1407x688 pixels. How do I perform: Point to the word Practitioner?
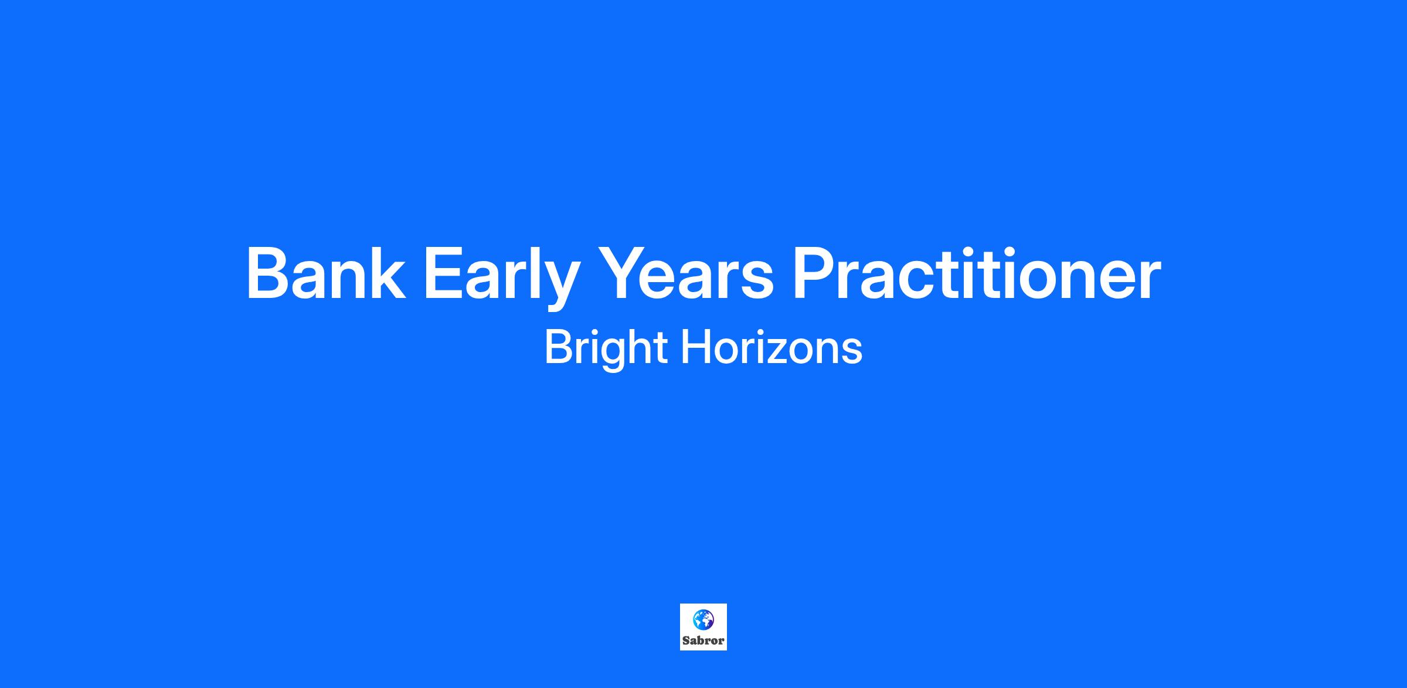[977, 273]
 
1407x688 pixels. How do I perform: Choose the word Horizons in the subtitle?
[772, 348]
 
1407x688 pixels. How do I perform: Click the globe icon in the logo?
[704, 619]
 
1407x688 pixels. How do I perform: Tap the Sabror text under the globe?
[704, 640]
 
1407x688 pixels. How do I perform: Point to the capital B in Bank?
[270, 273]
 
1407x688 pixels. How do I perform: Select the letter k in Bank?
[387, 272]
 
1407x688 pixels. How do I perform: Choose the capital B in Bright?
[559, 347]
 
